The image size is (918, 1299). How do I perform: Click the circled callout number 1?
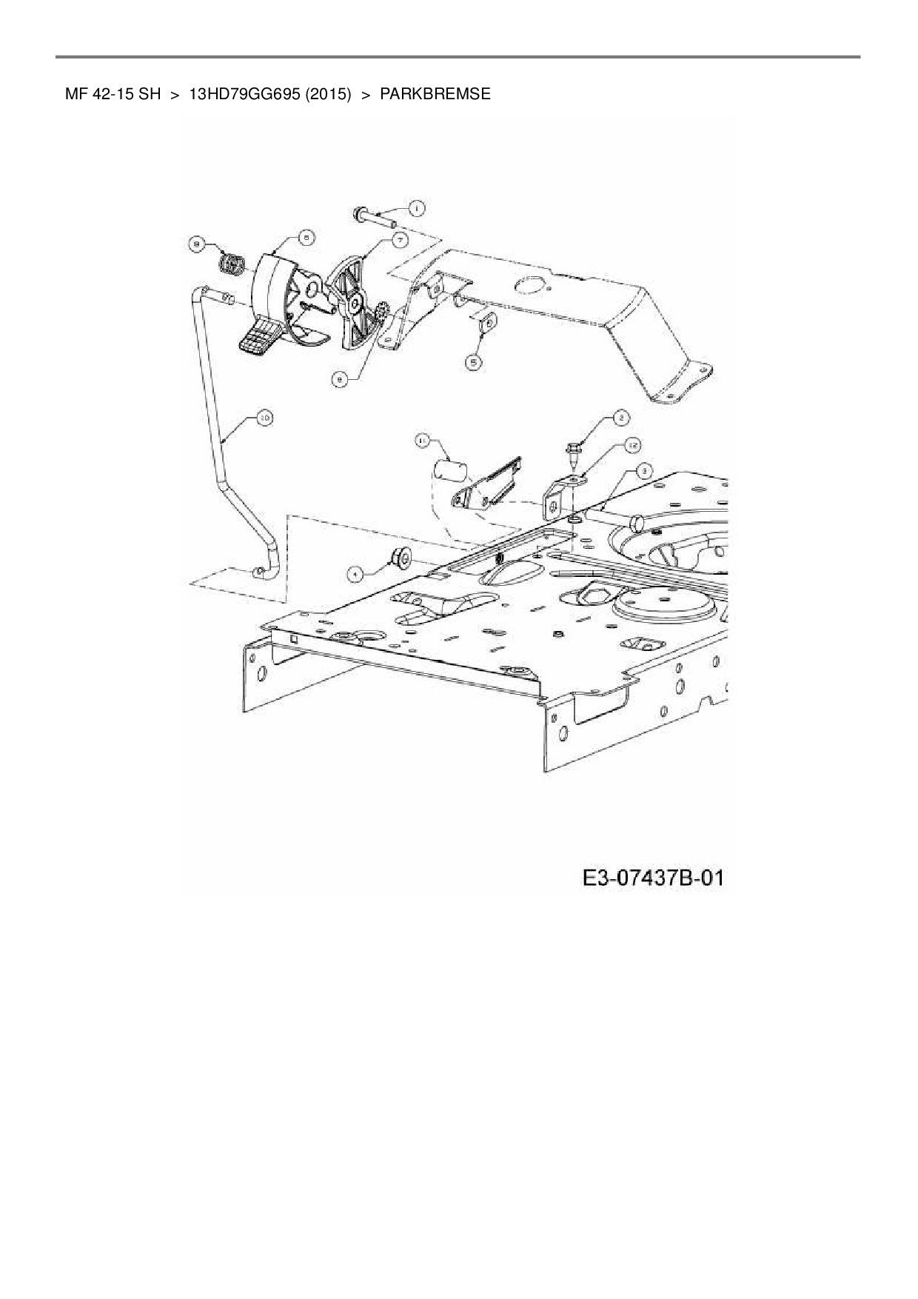pos(415,209)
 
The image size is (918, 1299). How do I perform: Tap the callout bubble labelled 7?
pos(400,240)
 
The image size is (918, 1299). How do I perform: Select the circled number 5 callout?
pos(473,361)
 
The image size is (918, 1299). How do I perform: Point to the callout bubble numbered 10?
pos(264,419)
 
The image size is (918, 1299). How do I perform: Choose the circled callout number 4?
pos(356,572)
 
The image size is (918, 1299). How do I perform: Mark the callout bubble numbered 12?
pos(631,445)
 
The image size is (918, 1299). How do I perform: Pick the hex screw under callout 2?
pos(572,452)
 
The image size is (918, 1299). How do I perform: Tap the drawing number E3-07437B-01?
pos(652,879)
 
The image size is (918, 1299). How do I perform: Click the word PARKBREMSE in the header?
pos(435,94)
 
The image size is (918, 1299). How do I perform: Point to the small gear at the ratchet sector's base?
pos(382,314)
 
